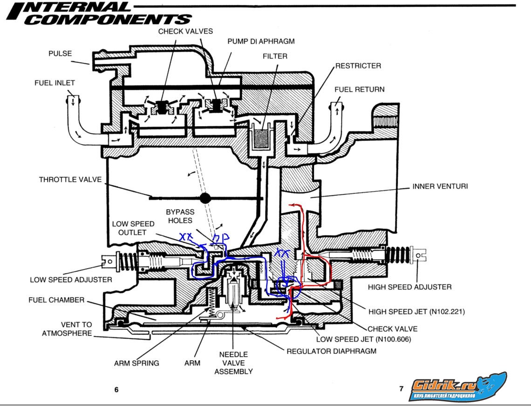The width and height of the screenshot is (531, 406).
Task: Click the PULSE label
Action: [x=61, y=54]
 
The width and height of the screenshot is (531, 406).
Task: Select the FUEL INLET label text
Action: [x=54, y=83]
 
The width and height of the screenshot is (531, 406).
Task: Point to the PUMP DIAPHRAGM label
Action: [x=261, y=41]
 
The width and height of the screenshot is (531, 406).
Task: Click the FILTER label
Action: [x=275, y=56]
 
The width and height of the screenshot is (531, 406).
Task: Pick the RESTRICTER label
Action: [x=358, y=66]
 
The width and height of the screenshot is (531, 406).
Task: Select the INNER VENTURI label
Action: [x=440, y=186]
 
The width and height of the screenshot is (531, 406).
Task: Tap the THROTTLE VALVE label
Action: [x=70, y=179]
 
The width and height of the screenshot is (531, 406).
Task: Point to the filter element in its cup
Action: [x=262, y=139]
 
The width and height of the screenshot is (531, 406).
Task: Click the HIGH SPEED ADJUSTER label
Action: [x=409, y=287]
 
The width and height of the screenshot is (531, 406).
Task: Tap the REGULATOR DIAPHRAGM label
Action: [x=331, y=351]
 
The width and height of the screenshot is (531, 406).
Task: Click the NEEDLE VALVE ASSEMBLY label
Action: [x=233, y=363]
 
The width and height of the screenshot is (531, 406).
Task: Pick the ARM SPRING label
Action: [x=136, y=363]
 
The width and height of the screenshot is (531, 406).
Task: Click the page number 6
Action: [x=116, y=390]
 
